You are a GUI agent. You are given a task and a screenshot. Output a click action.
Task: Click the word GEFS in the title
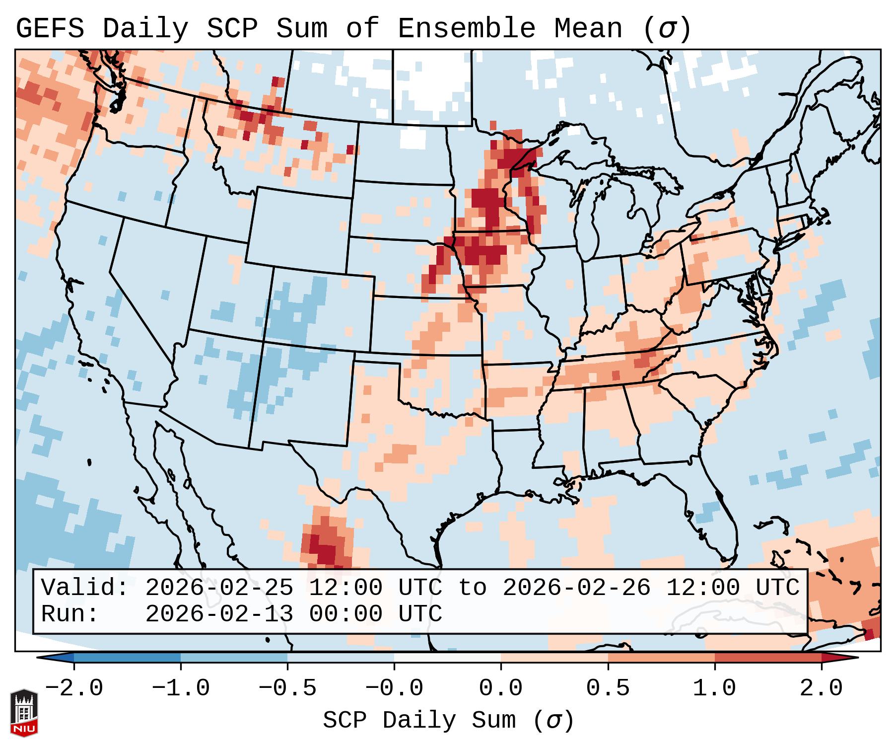click(50, 29)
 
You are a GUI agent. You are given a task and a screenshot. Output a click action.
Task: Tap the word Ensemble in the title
click(467, 29)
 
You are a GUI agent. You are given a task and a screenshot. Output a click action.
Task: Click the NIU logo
click(24, 713)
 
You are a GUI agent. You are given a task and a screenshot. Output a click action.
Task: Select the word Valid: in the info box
click(85, 588)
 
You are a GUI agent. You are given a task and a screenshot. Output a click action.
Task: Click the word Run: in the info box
click(70, 614)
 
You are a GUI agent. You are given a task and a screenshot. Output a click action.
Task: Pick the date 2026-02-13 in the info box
click(219, 614)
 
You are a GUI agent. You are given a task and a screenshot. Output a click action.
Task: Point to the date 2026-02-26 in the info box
click(576, 588)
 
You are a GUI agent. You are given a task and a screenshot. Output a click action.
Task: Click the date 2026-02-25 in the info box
click(219, 588)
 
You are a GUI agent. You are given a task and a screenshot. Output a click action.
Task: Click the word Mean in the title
click(588, 29)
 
